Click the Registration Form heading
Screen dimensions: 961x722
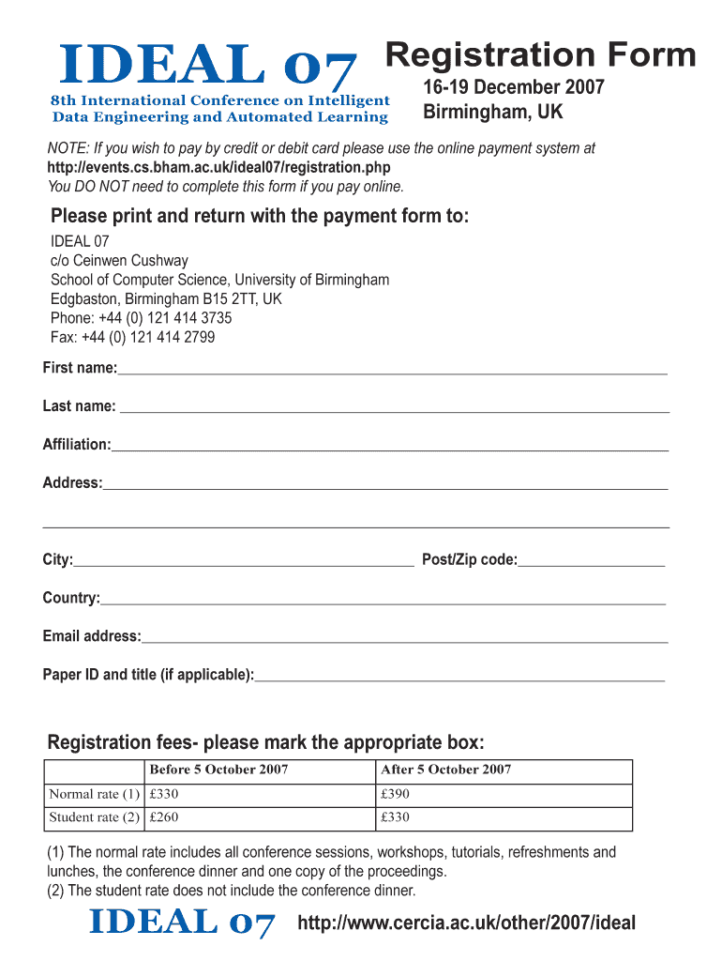541,55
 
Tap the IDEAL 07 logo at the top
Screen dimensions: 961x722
208,68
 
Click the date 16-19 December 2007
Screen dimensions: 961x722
514,88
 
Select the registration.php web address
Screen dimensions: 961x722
218,167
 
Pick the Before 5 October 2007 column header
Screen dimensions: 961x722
218,770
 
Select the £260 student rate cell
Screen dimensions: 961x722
164,817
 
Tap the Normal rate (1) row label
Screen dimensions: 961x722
94,794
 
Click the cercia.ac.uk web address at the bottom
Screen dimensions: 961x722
466,923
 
